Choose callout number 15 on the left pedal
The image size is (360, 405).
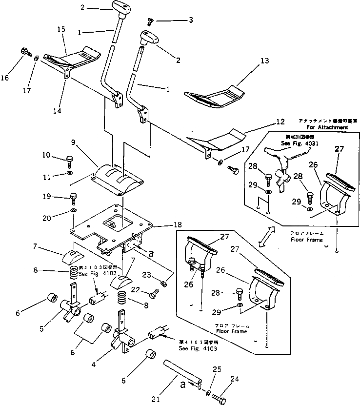tap(61, 29)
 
